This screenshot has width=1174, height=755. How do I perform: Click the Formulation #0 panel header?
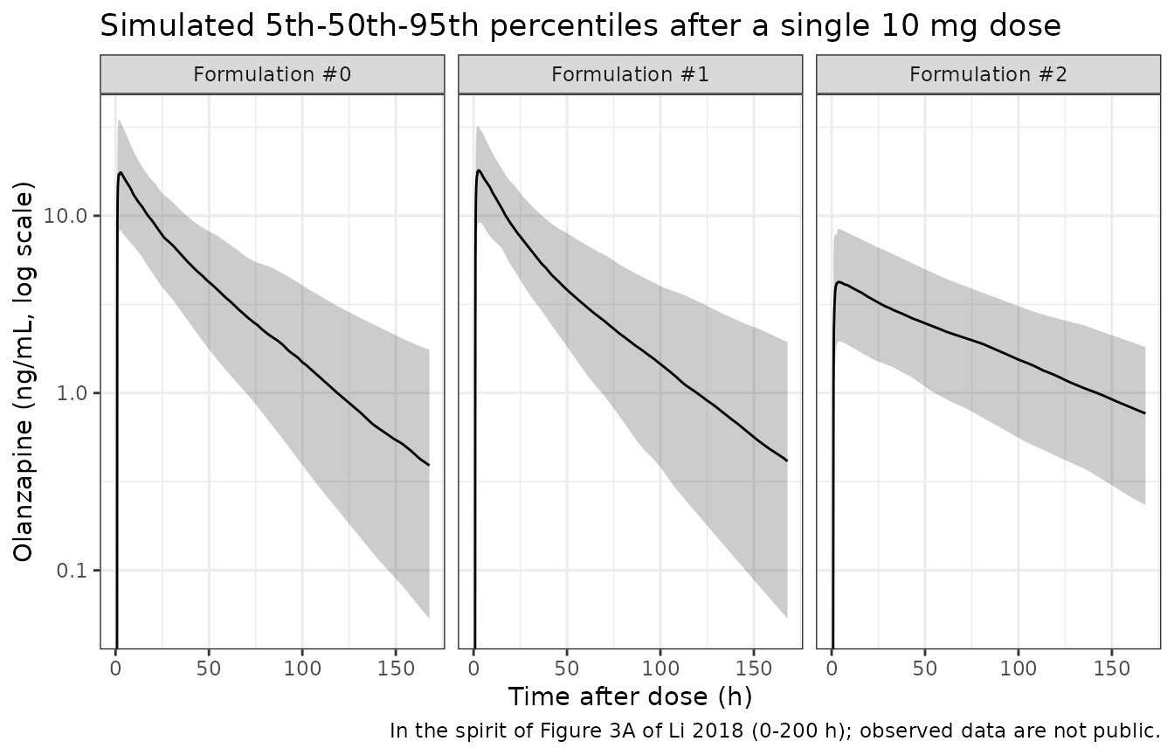pyautogui.click(x=272, y=74)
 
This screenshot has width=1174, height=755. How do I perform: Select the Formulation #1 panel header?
pyautogui.click(x=630, y=74)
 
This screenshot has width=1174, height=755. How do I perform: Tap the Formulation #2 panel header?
pyautogui.click(x=988, y=74)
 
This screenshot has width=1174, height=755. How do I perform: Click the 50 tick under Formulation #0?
pyautogui.click(x=209, y=668)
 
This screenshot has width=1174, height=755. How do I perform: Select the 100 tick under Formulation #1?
pyautogui.click(x=660, y=668)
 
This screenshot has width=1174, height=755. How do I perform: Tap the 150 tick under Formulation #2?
pyautogui.click(x=1112, y=668)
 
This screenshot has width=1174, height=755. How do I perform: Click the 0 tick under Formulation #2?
pyautogui.click(x=832, y=668)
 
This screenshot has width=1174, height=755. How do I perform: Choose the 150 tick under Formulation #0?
pyautogui.click(x=396, y=668)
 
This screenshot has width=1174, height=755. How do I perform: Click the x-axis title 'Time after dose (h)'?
pyautogui.click(x=630, y=696)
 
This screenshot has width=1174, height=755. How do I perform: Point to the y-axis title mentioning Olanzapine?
pyautogui.click(x=24, y=371)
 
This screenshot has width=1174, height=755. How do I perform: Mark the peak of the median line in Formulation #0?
pyautogui.click(x=121, y=172)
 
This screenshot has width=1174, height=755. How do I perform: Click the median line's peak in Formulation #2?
pyautogui.click(x=839, y=282)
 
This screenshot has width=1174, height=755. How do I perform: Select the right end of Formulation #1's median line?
pyautogui.click(x=787, y=461)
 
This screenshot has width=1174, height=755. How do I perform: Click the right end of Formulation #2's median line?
pyautogui.click(x=1145, y=413)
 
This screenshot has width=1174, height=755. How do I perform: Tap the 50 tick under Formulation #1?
pyautogui.click(x=567, y=668)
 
